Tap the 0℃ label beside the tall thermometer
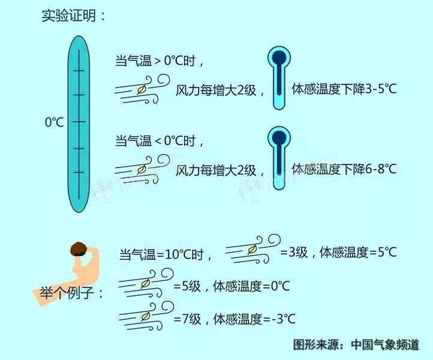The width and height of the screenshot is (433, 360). (55, 122)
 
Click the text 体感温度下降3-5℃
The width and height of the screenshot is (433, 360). (344, 89)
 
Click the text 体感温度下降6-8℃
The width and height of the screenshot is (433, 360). (344, 169)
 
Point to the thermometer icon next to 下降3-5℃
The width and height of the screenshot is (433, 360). (278, 78)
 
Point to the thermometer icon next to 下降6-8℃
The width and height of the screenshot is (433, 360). (278, 158)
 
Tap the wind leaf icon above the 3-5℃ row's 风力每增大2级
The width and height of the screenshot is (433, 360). (142, 90)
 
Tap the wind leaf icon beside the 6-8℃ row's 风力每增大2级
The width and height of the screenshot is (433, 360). (142, 170)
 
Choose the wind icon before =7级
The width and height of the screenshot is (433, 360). (145, 316)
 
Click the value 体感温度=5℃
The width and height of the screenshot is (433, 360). (359, 252)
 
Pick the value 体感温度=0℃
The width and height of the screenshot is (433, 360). (251, 286)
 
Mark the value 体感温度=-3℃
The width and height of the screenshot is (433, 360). (254, 319)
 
